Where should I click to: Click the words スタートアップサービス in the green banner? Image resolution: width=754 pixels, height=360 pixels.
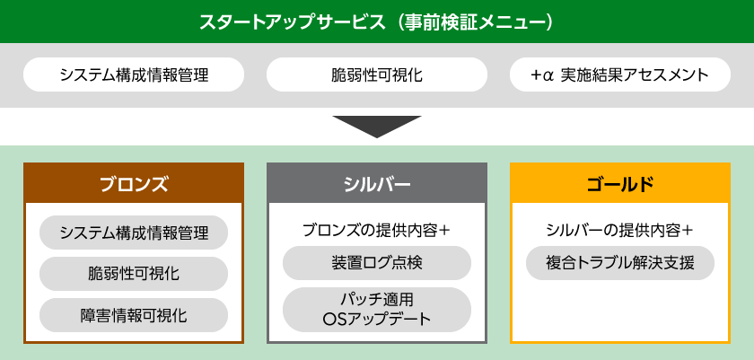click(292, 22)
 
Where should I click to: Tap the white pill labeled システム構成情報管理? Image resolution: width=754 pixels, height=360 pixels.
click(134, 75)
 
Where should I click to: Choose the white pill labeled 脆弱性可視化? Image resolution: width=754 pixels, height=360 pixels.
click(377, 75)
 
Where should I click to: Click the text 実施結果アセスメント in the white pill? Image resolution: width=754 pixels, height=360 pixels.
click(635, 75)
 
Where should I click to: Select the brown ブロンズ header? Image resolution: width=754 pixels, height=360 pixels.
click(134, 182)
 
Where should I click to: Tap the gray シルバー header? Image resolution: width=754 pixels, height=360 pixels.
click(377, 182)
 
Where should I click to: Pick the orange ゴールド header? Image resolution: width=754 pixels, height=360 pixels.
click(620, 182)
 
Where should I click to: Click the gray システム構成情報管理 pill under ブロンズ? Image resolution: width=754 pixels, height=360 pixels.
click(134, 233)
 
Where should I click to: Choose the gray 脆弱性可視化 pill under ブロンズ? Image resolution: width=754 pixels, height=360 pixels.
click(134, 274)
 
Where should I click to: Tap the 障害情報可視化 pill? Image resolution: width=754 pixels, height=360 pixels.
click(134, 315)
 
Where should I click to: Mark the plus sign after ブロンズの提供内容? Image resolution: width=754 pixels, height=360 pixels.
click(445, 231)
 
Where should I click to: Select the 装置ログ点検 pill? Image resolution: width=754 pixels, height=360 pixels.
click(377, 263)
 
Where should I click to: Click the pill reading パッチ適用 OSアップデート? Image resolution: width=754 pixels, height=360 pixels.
click(377, 310)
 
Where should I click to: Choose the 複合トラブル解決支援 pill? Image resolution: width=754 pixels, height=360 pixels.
click(620, 263)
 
